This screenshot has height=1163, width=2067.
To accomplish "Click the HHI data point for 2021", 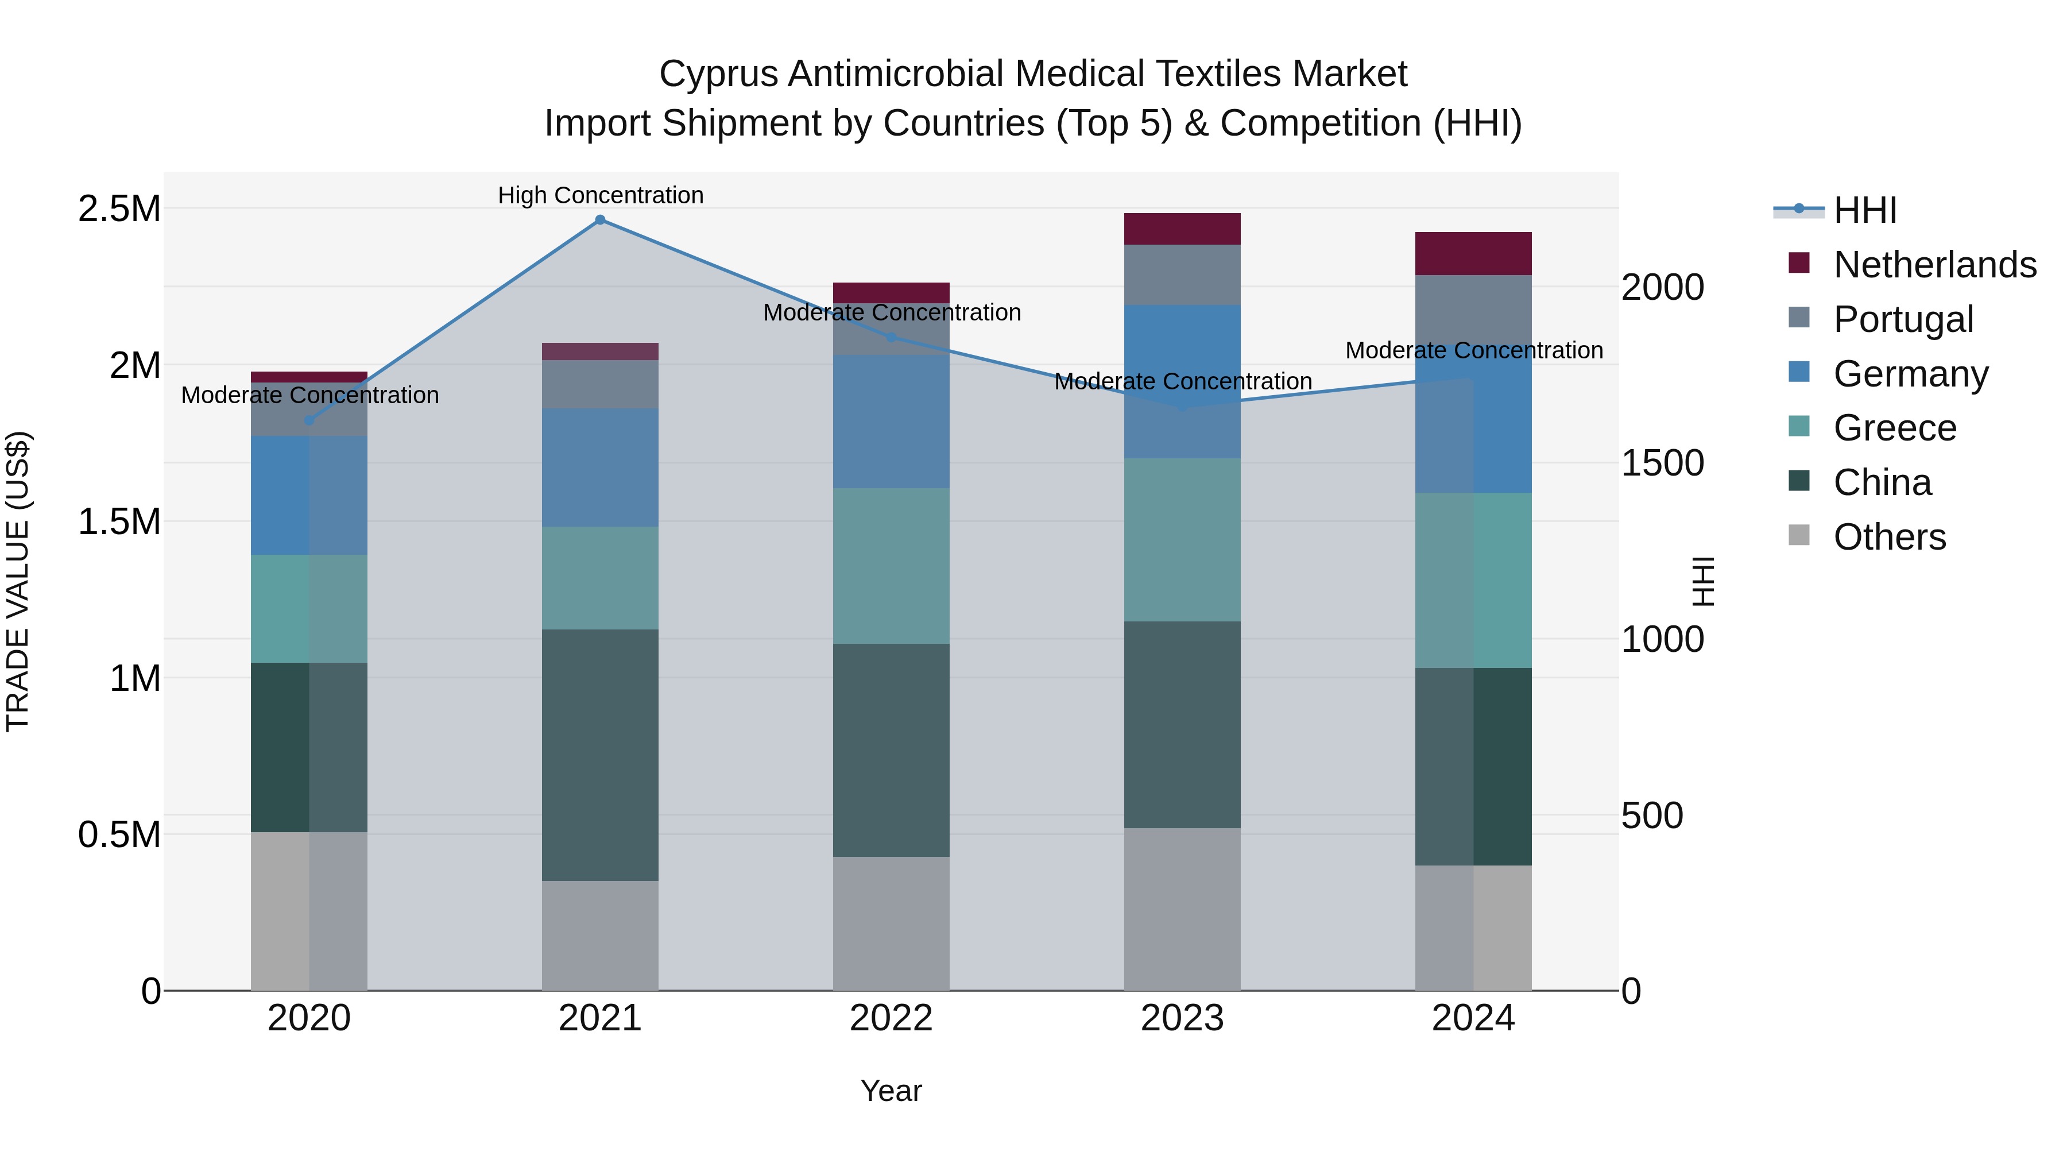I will coord(599,220).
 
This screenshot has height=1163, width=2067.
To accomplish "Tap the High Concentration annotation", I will coord(600,195).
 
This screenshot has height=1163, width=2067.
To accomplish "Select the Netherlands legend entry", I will coord(1934,265).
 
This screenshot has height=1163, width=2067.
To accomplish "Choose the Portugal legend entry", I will coord(1903,319).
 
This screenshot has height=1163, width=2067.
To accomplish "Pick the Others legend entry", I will coord(1889,537).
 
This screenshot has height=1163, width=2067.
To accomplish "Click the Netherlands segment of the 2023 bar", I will coord(1182,229).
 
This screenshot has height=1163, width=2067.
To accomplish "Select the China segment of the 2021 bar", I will coord(599,755).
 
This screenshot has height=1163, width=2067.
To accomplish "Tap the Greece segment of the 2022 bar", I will coord(891,566).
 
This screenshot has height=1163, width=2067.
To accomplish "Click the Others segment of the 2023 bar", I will coord(1182,909).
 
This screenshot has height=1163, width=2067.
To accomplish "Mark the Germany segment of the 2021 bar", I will coord(599,467).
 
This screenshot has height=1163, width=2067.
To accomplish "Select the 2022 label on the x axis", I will coord(891,1018).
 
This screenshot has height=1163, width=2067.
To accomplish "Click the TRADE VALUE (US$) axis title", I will coord(18,581).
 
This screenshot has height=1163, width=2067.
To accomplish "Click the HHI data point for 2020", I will coord(309,420).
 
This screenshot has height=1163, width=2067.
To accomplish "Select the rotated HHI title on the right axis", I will coord(1701,581).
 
